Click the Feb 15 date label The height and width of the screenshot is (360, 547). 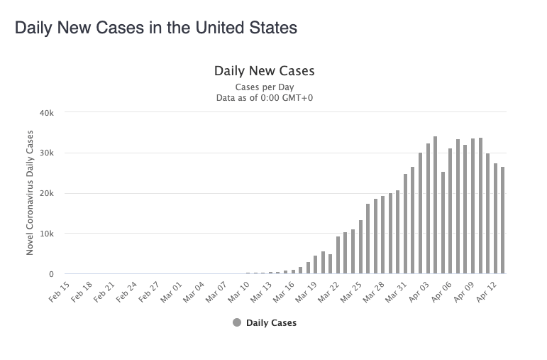tap(60, 292)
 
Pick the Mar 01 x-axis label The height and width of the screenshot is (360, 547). tap(172, 292)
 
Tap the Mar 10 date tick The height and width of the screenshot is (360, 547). tap(240, 292)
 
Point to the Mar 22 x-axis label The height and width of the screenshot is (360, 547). tap(330, 292)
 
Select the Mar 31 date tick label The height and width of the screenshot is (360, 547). tap(397, 292)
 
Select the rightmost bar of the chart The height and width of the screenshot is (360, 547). tap(502, 220)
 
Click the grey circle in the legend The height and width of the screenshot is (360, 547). tap(236, 322)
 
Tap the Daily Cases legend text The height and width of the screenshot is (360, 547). tap(271, 322)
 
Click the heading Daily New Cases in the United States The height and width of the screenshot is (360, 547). tap(155, 28)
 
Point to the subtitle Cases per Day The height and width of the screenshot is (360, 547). tap(264, 87)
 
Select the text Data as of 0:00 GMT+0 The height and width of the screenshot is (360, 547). tap(264, 97)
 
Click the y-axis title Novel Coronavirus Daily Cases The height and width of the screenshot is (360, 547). tap(30, 193)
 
